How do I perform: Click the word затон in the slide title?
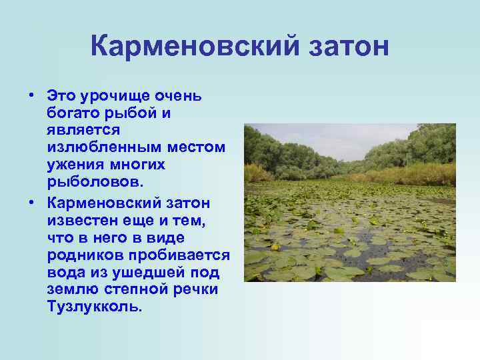[x=344, y=47]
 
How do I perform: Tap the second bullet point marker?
[x=31, y=201]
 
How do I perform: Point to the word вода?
[x=65, y=272]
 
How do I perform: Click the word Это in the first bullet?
[x=62, y=96]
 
